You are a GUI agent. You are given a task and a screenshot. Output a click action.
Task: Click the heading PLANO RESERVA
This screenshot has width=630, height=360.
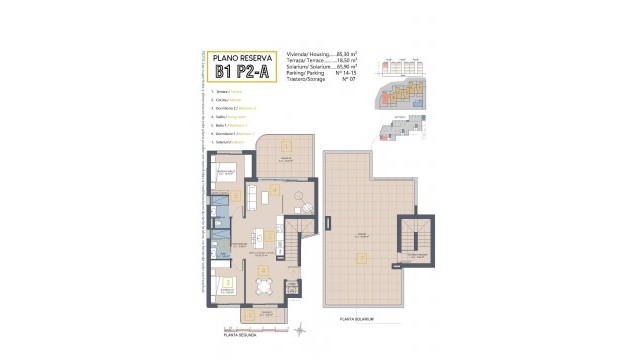tap(243, 57)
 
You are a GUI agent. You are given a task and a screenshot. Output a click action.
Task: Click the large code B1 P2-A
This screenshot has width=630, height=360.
tap(243, 72)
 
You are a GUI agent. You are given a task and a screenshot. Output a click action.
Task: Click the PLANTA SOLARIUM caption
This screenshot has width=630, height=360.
tap(356, 320)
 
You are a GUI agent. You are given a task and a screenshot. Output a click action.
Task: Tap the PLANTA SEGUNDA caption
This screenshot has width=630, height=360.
tap(238, 335)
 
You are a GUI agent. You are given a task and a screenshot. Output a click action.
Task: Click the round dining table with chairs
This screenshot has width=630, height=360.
tap(263, 286)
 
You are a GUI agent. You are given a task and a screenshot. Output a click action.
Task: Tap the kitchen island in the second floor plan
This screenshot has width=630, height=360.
tap(263, 236)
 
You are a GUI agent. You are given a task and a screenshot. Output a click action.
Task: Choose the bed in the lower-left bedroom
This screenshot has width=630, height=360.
tap(229, 285)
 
